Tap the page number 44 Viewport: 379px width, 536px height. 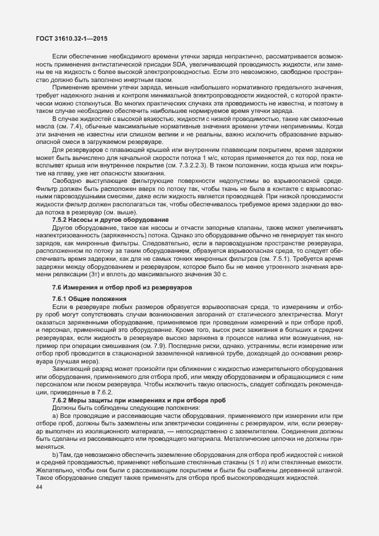pyautogui.click(x=40, y=487)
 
